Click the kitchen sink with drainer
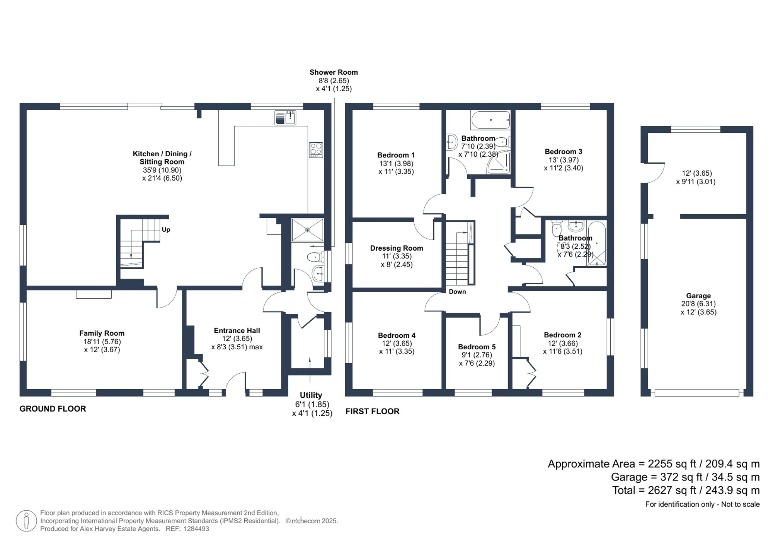(x=285, y=118)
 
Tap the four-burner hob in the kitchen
(x=316, y=150)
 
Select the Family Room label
(x=102, y=333)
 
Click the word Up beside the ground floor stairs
(x=166, y=229)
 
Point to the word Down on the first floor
(x=457, y=292)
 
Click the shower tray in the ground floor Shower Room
(x=307, y=230)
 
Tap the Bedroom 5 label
(x=477, y=347)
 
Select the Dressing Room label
(x=397, y=248)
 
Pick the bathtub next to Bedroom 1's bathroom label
(x=490, y=120)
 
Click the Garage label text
(x=698, y=296)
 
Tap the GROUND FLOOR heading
(x=53, y=409)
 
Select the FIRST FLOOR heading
(x=372, y=411)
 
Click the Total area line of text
(x=686, y=490)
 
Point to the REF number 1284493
(x=196, y=529)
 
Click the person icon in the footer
(x=26, y=520)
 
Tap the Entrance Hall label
(x=237, y=330)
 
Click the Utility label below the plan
(x=311, y=395)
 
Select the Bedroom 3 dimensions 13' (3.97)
(x=564, y=160)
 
